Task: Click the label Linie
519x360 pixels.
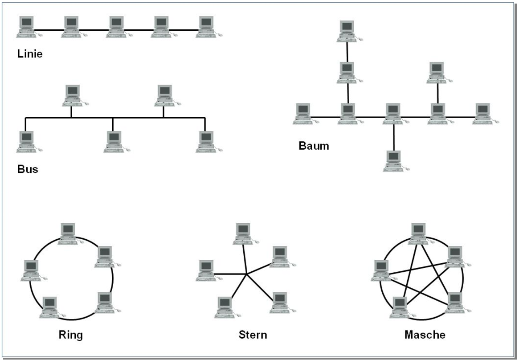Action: point(29,54)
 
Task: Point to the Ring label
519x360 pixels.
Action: point(70,335)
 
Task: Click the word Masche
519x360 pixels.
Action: point(425,335)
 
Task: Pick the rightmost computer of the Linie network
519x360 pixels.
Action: point(206,26)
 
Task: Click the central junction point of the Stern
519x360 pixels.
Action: point(247,274)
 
